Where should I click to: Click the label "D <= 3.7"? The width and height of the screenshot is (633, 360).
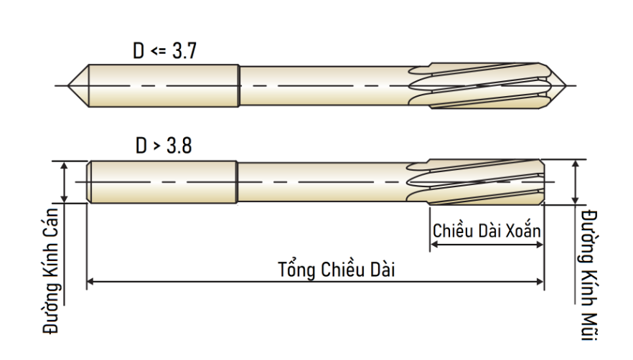pos(165,51)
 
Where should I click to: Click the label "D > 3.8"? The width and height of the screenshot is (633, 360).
pos(164,146)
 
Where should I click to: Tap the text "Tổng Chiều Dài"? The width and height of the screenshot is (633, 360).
pos(337,270)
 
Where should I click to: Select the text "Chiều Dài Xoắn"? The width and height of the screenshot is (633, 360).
pos(487,230)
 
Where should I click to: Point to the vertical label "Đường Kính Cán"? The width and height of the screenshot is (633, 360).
pos(51,271)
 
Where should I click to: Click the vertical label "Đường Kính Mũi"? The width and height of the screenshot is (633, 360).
pos(589,275)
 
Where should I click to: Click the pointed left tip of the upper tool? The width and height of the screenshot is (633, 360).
pos(67,85)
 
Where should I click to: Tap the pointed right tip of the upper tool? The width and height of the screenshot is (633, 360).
pos(567,85)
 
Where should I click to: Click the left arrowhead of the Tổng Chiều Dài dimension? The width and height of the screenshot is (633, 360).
pos(90,281)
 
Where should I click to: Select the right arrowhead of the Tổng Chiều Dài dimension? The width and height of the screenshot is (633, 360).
pos(540,281)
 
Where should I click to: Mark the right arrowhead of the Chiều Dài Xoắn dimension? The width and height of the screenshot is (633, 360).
pos(540,245)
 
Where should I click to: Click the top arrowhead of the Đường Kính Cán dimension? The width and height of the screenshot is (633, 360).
pos(64,166)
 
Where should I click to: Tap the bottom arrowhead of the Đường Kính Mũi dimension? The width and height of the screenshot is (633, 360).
pos(576,199)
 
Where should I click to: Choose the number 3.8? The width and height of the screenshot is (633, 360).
pos(179,146)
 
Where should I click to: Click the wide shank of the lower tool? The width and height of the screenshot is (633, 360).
pos(162,182)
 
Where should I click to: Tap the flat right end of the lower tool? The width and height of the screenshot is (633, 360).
pos(544,182)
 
